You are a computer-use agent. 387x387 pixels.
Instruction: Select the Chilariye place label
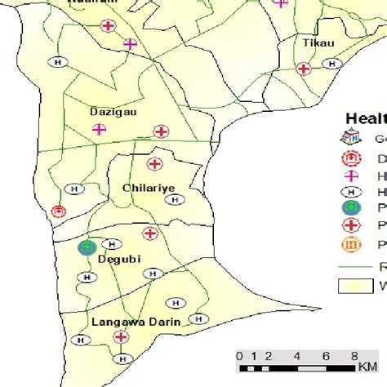[x=148, y=189]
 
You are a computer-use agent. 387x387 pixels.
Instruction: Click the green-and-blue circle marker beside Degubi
[x=87, y=247]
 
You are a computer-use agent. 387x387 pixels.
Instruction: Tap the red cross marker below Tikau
[x=304, y=69]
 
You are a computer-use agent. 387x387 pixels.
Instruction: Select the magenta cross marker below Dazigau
[x=99, y=128]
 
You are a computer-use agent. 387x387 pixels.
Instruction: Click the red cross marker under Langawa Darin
[x=121, y=337]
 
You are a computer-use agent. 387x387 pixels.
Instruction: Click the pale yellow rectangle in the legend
[x=354, y=286]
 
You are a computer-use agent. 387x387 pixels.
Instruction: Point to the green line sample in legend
[x=354, y=265]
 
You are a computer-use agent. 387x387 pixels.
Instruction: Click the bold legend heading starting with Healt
[x=366, y=117]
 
